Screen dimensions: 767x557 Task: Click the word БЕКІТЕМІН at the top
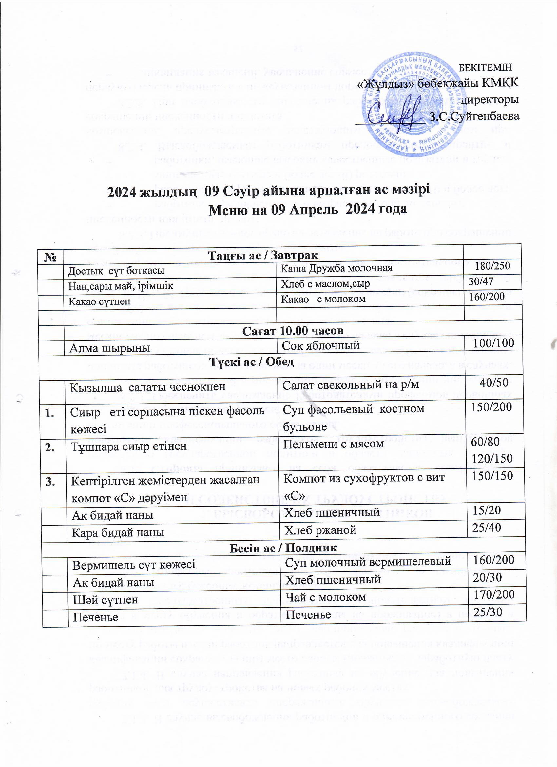(486, 67)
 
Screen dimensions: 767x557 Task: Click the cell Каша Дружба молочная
(336, 268)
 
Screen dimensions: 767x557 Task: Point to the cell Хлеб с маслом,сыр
(325, 283)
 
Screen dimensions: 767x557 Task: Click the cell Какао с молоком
(324, 299)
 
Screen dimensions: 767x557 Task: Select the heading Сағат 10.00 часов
(293, 330)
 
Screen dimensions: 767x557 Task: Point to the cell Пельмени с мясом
(333, 443)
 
